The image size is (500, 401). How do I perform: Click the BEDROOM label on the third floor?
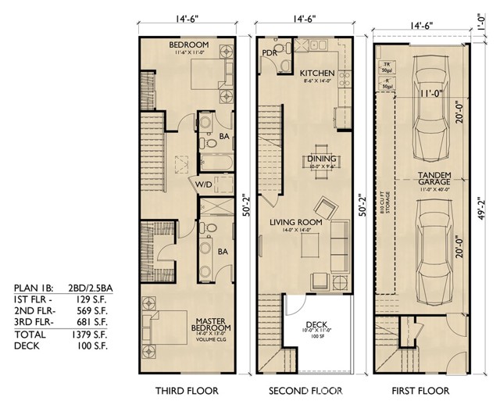point(187,45)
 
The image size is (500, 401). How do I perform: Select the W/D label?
point(203,184)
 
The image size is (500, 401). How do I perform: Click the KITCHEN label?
point(317,73)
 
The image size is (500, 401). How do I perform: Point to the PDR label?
point(268,53)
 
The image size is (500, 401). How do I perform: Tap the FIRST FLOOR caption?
point(422,389)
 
